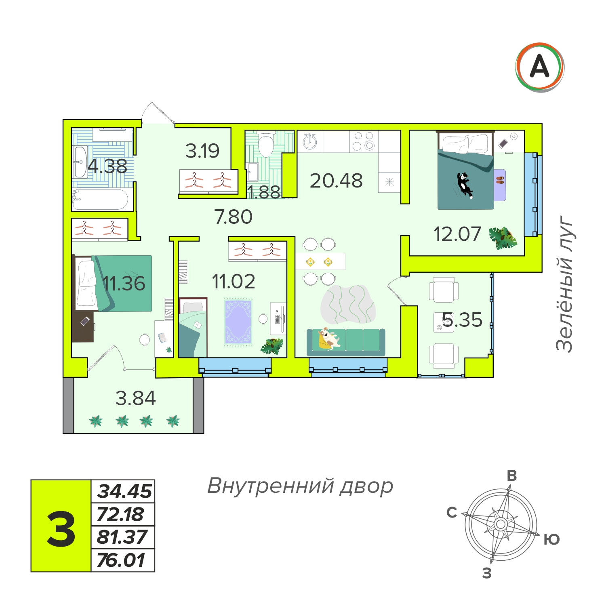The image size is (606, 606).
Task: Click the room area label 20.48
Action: tap(336, 181)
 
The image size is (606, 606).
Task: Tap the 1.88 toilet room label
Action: tap(264, 192)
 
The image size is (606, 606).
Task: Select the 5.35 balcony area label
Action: tap(462, 320)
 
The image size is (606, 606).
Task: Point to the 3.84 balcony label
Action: tap(135, 398)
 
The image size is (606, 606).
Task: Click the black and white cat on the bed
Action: tap(465, 185)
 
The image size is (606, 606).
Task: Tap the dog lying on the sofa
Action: tap(329, 338)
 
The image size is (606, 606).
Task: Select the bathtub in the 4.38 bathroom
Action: tap(101, 199)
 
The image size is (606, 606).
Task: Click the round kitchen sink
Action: tap(310, 141)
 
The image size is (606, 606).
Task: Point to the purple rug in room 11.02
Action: tap(238, 322)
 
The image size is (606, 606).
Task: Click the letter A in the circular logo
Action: tap(539, 66)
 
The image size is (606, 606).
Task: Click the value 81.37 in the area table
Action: tap(122, 537)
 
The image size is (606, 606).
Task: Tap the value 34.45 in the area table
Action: tap(124, 491)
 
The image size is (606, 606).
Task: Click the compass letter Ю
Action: tap(551, 539)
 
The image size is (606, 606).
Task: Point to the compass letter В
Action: tap(512, 476)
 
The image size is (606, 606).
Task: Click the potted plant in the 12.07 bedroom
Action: tap(503, 238)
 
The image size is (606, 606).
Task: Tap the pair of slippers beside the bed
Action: tap(500, 180)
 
